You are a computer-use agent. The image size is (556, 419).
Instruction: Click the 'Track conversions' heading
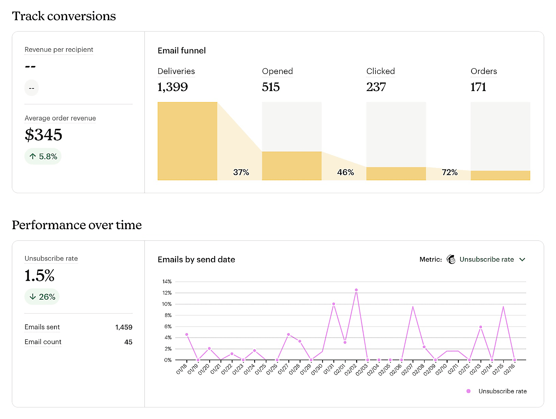(x=64, y=16)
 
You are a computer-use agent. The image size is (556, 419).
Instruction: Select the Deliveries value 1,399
(x=172, y=87)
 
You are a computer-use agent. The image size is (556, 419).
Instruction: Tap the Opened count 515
(x=270, y=87)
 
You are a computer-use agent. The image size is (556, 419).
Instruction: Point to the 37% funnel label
(x=241, y=172)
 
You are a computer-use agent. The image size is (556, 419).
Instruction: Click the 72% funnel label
(x=449, y=172)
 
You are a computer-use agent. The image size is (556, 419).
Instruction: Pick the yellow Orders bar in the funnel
(x=500, y=175)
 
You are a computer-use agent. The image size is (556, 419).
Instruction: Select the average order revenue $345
(x=43, y=135)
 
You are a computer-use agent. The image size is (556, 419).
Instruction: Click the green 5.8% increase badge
(x=43, y=156)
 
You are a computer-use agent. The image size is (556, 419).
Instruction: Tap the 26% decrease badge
(x=42, y=297)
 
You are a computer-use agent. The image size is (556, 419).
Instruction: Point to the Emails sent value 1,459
(x=123, y=327)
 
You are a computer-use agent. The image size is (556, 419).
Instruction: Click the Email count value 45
(x=128, y=342)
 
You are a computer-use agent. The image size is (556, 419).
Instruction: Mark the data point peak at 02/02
(x=356, y=290)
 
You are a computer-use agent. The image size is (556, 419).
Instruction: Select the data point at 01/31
(x=334, y=304)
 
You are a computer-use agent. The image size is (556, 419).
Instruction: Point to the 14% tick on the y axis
(x=167, y=282)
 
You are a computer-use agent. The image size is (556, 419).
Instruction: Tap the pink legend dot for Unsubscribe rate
(x=468, y=391)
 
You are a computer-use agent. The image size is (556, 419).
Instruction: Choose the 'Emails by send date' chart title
(x=196, y=259)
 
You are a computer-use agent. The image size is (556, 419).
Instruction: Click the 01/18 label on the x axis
(x=181, y=369)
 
